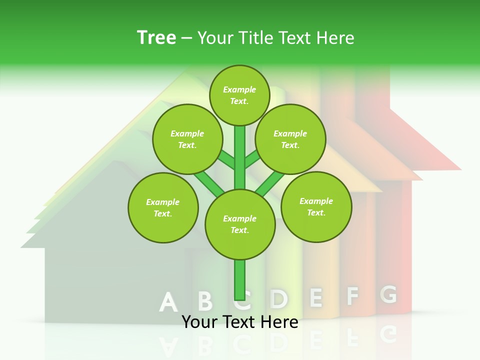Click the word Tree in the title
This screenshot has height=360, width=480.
[x=156, y=37]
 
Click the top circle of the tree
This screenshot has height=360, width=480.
[x=239, y=95]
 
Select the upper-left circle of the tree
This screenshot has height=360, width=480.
[x=187, y=139]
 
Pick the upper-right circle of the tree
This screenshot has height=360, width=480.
[x=290, y=139]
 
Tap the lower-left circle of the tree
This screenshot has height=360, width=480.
[x=163, y=207]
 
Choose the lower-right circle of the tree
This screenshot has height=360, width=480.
[x=316, y=206]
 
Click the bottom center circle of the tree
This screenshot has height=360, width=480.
[x=240, y=224]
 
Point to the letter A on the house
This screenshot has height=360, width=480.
[x=168, y=302]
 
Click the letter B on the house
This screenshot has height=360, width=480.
[x=204, y=301]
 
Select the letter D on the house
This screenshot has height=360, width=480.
[x=279, y=298]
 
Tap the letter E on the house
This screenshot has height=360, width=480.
[x=315, y=297]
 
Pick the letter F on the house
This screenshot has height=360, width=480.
[x=352, y=296]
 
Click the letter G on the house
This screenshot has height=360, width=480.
[x=388, y=294]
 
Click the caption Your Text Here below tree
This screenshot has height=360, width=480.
[x=240, y=322]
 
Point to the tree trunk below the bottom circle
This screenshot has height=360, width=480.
[x=240, y=280]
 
